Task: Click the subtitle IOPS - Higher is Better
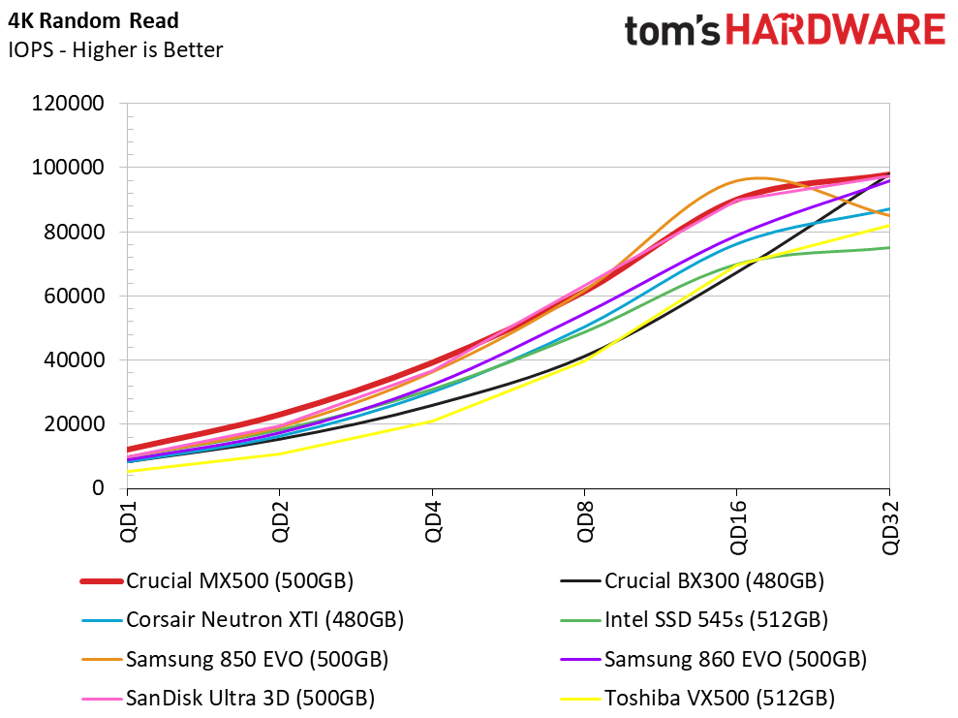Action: [x=115, y=49]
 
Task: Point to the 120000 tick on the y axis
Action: [x=69, y=104]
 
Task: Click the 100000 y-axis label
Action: [x=69, y=168]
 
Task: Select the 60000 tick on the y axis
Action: [x=75, y=297]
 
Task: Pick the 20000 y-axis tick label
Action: [x=75, y=424]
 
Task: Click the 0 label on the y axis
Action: [x=98, y=488]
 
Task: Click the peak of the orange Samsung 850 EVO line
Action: [x=758, y=178]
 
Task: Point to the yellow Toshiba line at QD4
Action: [x=432, y=421]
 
